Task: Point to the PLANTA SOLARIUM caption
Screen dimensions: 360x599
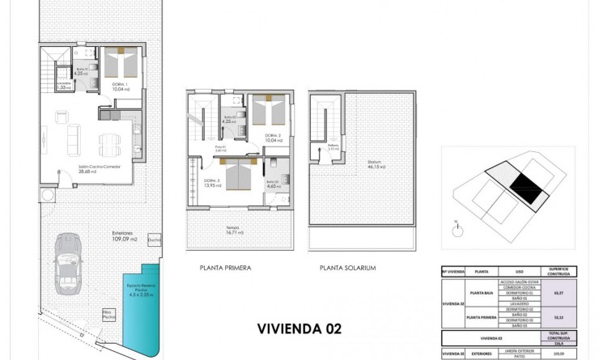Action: click(348, 268)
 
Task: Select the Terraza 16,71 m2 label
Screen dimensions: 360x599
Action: click(236, 230)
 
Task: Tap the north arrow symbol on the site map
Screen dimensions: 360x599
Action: click(457, 226)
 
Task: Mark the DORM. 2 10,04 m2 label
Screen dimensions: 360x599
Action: click(272, 137)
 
